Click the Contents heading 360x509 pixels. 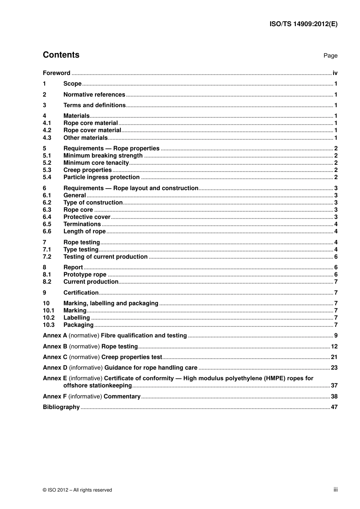pyautogui.click(x=61, y=55)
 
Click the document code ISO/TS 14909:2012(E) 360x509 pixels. pyautogui.click(x=303, y=24)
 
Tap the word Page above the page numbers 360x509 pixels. pyautogui.click(x=330, y=56)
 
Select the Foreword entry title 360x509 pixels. pyautogui.click(x=56, y=73)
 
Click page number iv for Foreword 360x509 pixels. pyautogui.click(x=335, y=73)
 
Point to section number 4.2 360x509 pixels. pyautogui.click(x=47, y=130)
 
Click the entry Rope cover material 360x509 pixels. pyautogui.click(x=92, y=130)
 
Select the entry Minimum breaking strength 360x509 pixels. pyautogui.click(x=103, y=156)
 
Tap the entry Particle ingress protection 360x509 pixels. pyautogui.click(x=102, y=177)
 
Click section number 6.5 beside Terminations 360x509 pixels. pyautogui.click(x=47, y=224)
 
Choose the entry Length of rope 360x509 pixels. pyautogui.click(x=85, y=231)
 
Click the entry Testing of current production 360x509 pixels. pyautogui.click(x=105, y=257)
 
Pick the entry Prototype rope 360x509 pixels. pyautogui.click(x=85, y=275)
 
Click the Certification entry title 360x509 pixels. pyautogui.click(x=81, y=293)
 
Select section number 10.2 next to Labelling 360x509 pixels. pyautogui.click(x=49, y=318)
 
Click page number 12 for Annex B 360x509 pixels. pyautogui.click(x=334, y=347)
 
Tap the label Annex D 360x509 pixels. pyautogui.click(x=55, y=368)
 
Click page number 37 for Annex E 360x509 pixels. pyautogui.click(x=334, y=386)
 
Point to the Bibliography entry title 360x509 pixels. pyautogui.click(x=61, y=407)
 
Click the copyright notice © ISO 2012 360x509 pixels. pyautogui.click(x=77, y=490)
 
